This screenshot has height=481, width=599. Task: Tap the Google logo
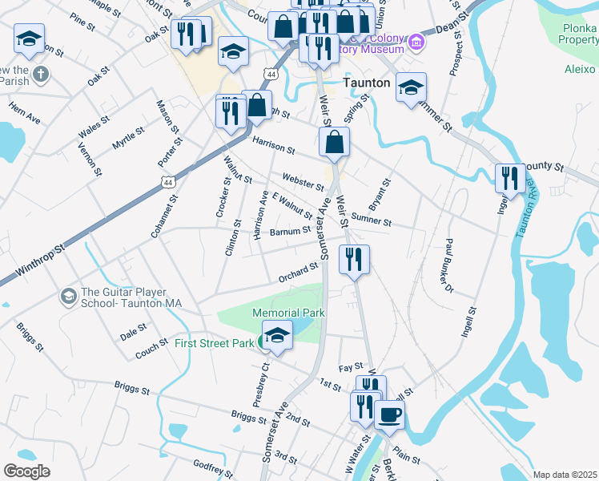[26, 471]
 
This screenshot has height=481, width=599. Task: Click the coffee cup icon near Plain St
[389, 414]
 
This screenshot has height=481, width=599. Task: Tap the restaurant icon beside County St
[509, 177]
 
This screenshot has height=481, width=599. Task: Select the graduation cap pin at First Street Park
[277, 335]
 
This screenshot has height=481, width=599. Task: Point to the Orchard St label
[298, 273]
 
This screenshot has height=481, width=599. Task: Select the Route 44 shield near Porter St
[167, 182]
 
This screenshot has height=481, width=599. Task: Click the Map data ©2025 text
[565, 475]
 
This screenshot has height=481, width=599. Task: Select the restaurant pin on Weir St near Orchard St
[353, 259]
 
